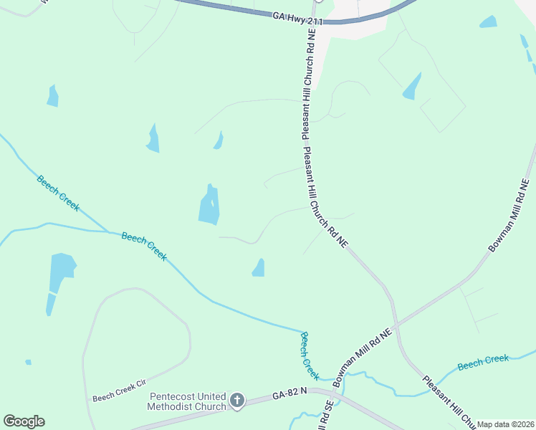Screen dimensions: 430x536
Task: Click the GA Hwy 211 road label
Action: click(x=297, y=17)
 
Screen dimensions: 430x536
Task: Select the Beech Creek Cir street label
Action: click(x=119, y=396)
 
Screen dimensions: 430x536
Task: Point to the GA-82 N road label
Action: click(x=289, y=393)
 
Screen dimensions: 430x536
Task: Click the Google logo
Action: click(x=24, y=421)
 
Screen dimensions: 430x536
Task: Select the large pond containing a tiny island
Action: click(x=209, y=206)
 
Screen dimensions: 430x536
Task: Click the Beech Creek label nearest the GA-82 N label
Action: click(x=310, y=355)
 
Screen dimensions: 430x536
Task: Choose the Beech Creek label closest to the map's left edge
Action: click(x=59, y=193)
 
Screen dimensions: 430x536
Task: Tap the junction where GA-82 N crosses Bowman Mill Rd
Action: click(x=335, y=393)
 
